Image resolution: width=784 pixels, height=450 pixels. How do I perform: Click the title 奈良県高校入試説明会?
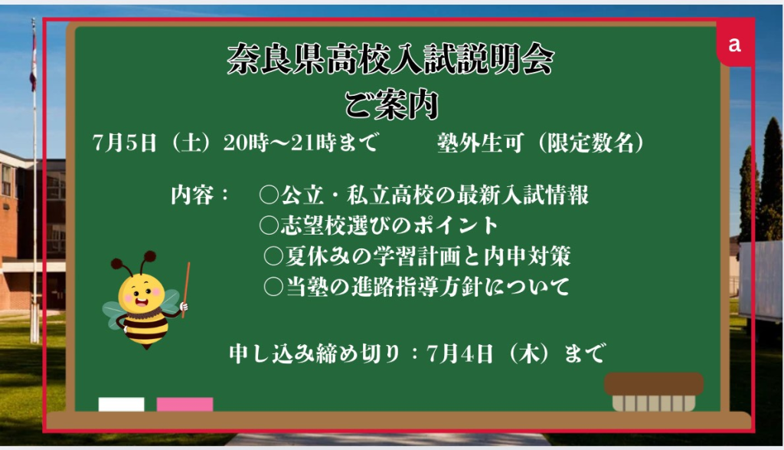[390, 59]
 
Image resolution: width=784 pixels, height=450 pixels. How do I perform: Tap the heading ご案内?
[391, 104]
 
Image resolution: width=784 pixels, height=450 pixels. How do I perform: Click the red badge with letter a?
[734, 44]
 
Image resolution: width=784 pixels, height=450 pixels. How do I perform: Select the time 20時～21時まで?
[300, 143]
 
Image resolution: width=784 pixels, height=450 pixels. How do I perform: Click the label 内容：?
[200, 195]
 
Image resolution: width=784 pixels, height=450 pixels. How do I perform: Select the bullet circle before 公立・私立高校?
[269, 195]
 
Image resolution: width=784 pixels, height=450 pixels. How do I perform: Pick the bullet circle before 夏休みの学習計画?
[273, 256]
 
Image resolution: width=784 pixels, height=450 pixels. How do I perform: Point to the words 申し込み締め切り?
[315, 354]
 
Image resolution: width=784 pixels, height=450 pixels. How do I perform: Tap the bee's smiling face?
[142, 295]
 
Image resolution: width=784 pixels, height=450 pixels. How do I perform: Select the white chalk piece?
[122, 405]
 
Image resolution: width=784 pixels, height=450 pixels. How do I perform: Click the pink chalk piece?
[185, 405]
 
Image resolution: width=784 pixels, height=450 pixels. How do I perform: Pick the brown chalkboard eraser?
[654, 392]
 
